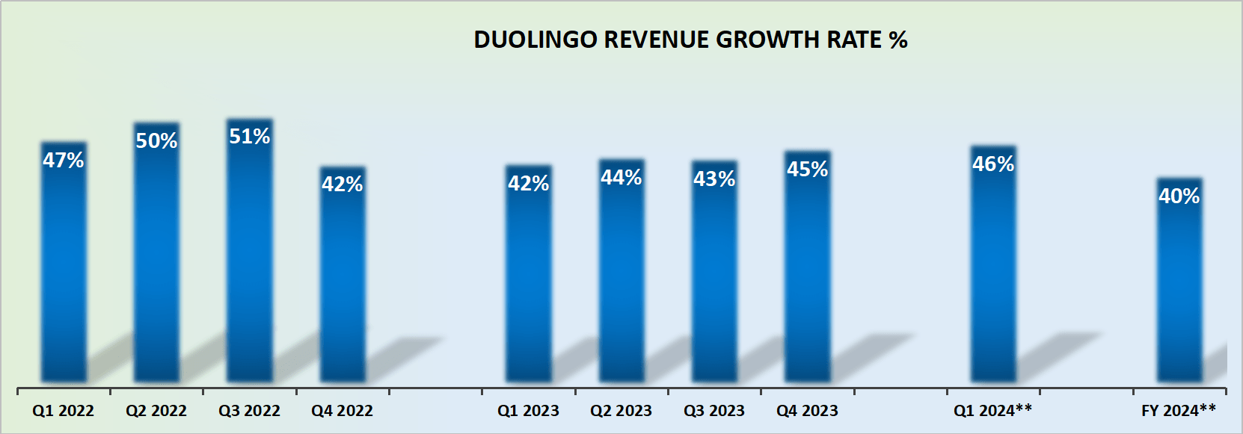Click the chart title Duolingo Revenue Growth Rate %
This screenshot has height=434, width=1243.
pos(690,40)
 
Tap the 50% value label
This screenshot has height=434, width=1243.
pos(156,140)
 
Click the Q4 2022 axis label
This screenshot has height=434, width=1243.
pos(342,411)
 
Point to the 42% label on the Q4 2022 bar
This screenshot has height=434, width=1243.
pos(343,184)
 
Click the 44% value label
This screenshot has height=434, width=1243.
pos(621,178)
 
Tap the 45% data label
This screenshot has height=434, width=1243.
pos(808,170)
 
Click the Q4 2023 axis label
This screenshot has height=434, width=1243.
pos(807,411)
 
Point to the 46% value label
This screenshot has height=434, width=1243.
pos(993,164)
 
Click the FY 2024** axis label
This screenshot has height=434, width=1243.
pos(1179,410)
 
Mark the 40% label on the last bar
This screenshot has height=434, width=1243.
pos(1179,196)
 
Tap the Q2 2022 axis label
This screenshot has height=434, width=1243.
pos(156,411)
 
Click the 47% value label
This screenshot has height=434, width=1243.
pos(64,160)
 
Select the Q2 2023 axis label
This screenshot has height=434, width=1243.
pos(621,411)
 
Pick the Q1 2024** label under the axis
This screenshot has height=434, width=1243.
pos(992,410)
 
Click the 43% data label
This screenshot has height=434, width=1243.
pos(714,179)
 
